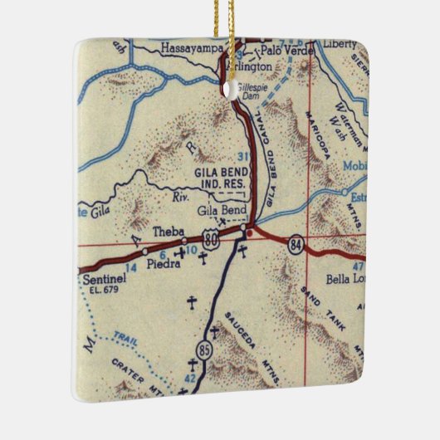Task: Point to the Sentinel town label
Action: (x=105, y=281)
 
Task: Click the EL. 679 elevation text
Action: (x=103, y=291)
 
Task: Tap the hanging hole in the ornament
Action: (x=225, y=83)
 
